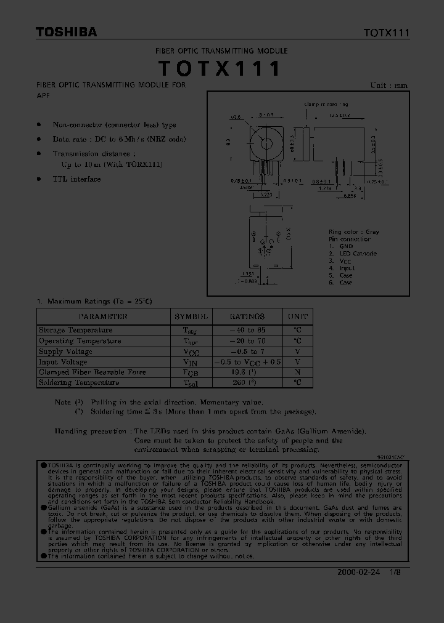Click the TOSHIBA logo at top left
click(x=66, y=33)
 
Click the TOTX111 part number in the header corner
click(x=386, y=33)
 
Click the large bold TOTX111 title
click(x=220, y=69)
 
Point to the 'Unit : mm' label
click(x=388, y=86)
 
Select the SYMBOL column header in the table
click(x=191, y=316)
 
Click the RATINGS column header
click(x=247, y=316)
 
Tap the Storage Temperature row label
click(x=75, y=331)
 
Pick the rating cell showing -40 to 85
click(x=247, y=331)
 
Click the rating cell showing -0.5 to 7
click(x=247, y=352)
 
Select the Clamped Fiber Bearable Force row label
click(x=92, y=372)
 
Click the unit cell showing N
click(x=297, y=372)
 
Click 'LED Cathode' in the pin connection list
click(x=357, y=254)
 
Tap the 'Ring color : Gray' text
click(x=353, y=232)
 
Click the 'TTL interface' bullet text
click(x=76, y=179)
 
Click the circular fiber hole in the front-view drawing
click(x=266, y=144)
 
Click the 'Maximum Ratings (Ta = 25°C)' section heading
click(x=99, y=301)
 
